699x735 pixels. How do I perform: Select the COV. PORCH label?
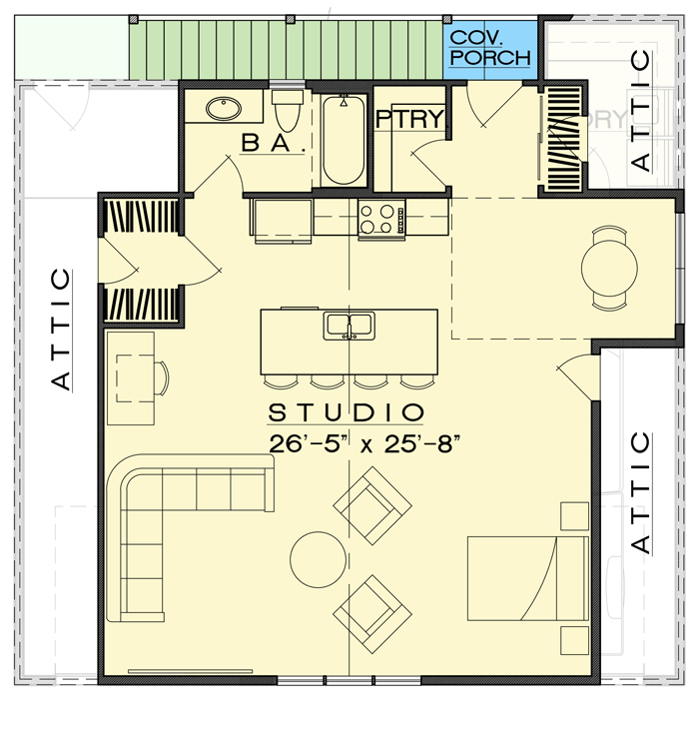[x=489, y=48]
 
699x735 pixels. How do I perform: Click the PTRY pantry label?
[x=409, y=119]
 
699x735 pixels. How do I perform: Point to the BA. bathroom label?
[x=272, y=145]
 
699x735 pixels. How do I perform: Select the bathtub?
[x=344, y=141]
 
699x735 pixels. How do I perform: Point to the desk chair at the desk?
[x=163, y=379]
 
